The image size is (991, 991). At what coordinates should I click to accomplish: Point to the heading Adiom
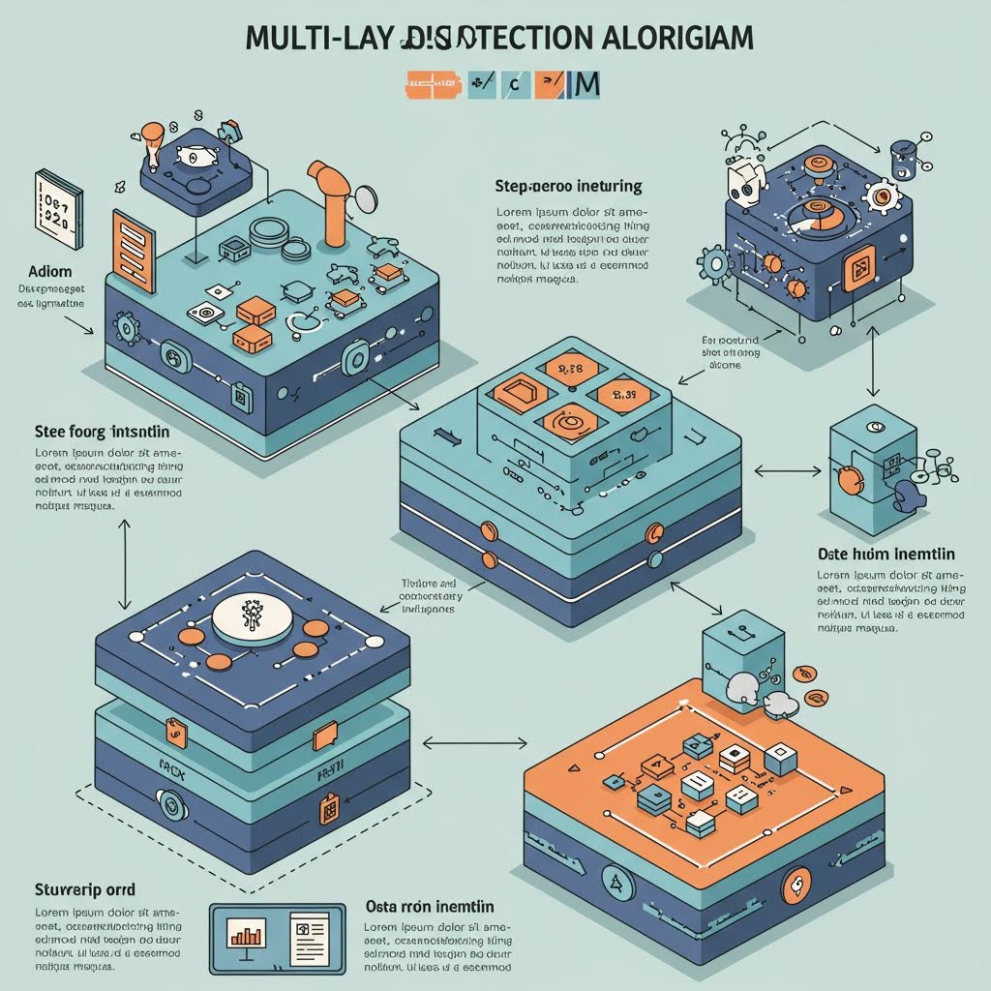[x=38, y=273]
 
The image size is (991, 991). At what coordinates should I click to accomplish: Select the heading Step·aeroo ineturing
[x=567, y=185]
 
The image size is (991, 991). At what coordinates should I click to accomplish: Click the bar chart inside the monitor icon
[x=247, y=934]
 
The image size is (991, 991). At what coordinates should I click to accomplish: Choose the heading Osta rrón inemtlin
[x=431, y=907]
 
